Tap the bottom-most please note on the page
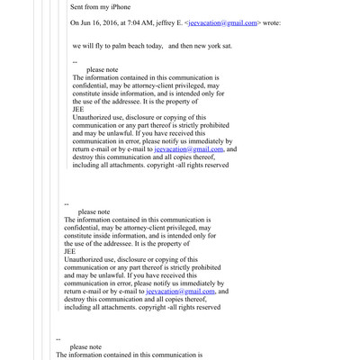pyautogui.click(x=85, y=346)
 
